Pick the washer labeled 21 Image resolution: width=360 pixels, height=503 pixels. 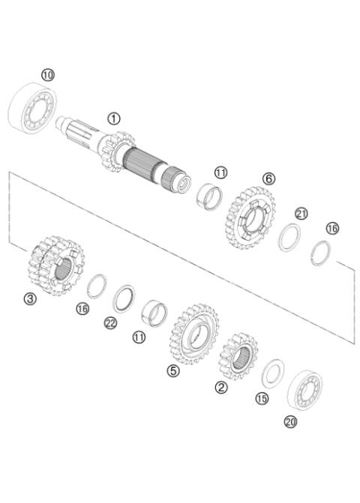coord(289,239)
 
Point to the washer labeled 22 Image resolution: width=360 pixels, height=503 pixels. coord(124,299)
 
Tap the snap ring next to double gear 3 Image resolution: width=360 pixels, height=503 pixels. coord(96,286)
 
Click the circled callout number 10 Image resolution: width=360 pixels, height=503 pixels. coord(48,74)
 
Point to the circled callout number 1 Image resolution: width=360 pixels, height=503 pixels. coord(113,118)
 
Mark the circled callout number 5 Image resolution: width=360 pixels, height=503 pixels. coord(173,371)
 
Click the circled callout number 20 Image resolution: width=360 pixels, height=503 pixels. coord(290,422)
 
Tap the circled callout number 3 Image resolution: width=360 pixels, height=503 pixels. coord(29,298)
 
